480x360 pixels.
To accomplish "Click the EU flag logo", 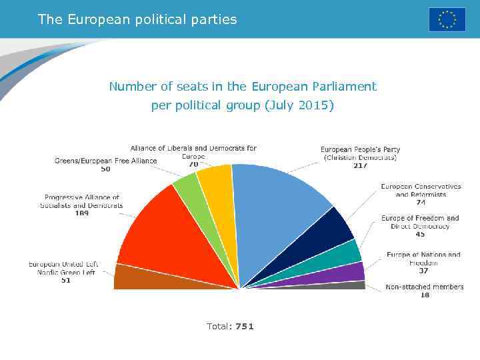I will point(447,19).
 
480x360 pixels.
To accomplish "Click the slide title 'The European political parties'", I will point(137,19).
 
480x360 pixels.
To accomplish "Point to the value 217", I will point(360,165).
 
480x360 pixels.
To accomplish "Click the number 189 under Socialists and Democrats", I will point(81,213).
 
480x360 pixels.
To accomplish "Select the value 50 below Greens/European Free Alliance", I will point(105,169).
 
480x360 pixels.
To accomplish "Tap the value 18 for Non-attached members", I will point(425,295).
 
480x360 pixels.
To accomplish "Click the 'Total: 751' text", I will point(230,326).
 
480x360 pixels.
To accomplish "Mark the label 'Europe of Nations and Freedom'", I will point(423,259).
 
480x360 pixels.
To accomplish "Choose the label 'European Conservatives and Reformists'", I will point(421,190).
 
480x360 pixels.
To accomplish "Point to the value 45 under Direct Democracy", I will point(420,234).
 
